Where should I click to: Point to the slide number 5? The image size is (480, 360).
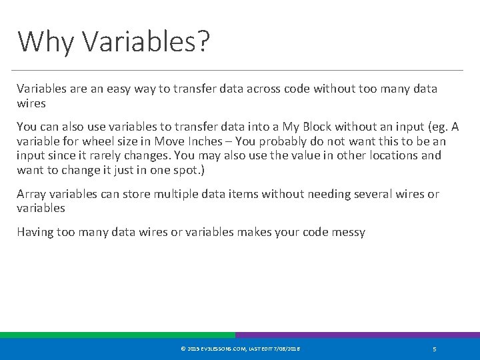(435, 349)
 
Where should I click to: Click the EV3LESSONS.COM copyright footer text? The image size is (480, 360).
(240, 349)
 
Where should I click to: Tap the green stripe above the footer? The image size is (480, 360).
(117, 335)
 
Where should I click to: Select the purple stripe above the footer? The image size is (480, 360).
(357, 335)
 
